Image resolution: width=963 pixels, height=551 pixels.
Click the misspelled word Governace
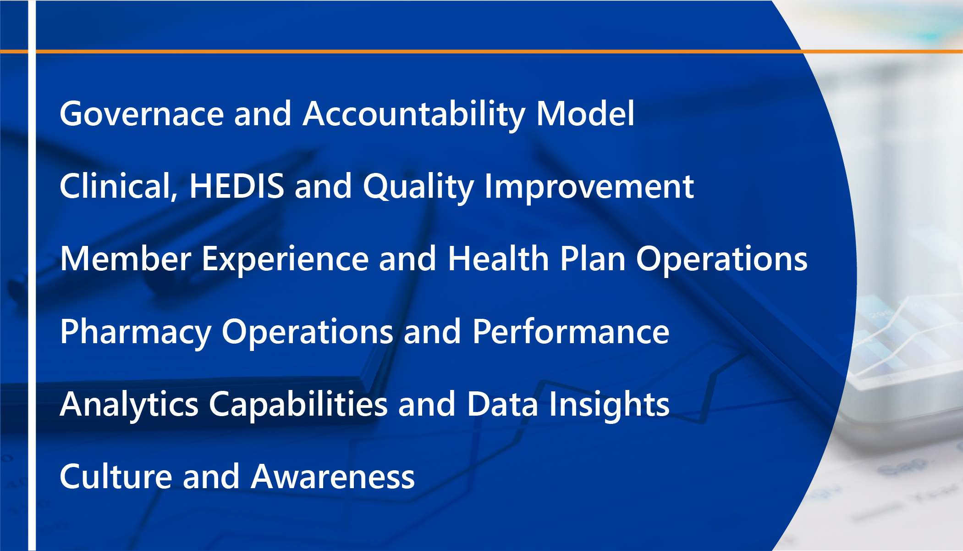pos(142,113)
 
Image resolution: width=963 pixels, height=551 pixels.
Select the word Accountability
pos(414,115)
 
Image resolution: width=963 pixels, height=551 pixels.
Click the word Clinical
pos(119,187)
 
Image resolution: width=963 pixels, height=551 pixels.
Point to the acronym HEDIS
pos(237,186)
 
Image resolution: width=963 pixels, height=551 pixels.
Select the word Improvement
pos(589,188)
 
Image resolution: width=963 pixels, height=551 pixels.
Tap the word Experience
pos(285,260)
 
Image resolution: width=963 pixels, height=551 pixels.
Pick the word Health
pos(498,258)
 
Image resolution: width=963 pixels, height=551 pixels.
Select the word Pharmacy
pos(136,333)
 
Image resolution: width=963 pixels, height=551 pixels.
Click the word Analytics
pos(129,406)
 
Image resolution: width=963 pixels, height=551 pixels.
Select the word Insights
pos(609,406)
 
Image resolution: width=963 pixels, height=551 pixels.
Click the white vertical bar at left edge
pos(32,275)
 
